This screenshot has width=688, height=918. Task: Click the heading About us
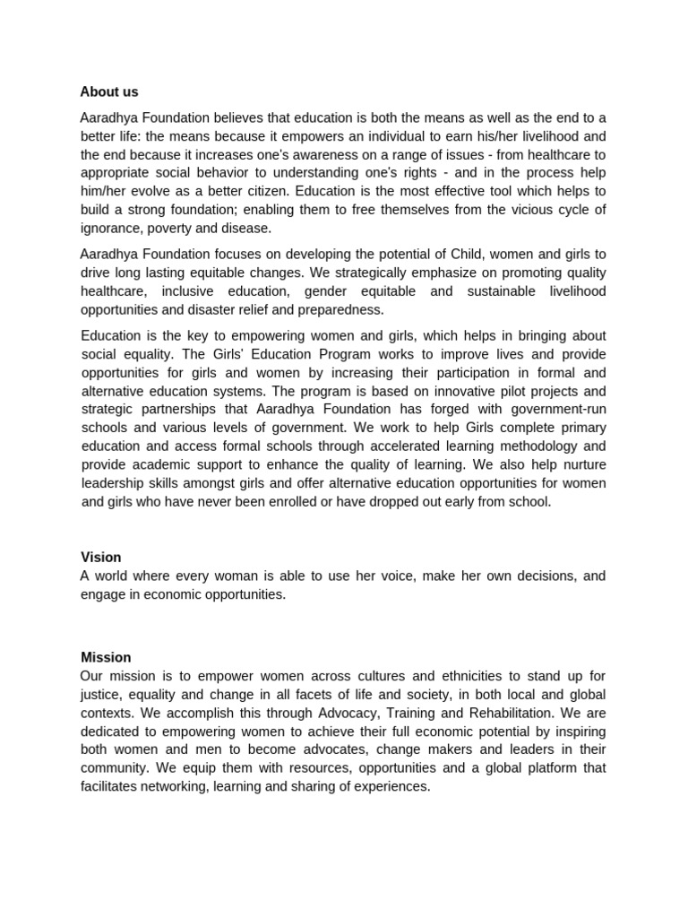tap(109, 92)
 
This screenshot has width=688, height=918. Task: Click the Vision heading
tap(100, 557)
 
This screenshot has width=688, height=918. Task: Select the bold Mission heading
tap(106, 657)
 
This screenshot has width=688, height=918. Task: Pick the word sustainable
tap(500, 291)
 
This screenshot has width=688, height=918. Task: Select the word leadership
tap(114, 483)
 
